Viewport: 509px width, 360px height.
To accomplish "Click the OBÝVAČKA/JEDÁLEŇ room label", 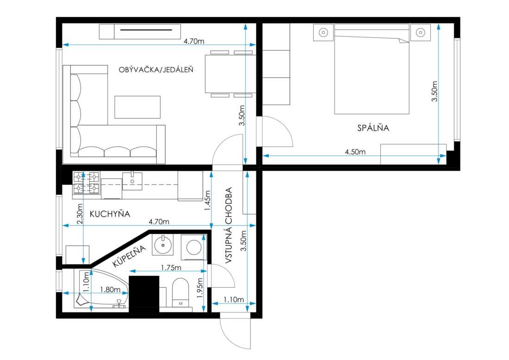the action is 156,69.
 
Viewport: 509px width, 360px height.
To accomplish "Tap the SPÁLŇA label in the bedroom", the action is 373,128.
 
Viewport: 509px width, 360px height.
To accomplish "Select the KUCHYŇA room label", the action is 110,214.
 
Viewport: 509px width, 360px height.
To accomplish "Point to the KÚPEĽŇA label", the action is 130,256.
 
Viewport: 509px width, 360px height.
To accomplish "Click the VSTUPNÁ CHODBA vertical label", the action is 229,225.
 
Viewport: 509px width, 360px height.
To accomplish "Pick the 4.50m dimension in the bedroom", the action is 355,152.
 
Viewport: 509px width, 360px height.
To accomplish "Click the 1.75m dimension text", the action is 171,267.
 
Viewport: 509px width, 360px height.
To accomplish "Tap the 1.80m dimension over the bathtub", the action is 110,289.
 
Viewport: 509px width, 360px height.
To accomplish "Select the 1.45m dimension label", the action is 207,200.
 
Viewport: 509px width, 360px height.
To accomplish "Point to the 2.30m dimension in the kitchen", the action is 80,214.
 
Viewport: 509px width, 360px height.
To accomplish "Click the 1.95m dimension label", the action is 199,288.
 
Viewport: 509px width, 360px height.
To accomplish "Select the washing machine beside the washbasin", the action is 194,247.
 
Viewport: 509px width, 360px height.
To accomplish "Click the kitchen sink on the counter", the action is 132,181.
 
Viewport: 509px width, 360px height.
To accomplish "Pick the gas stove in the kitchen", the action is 86,183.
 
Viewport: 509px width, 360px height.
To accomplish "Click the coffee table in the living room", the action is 137,107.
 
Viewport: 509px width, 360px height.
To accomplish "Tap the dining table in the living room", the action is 230,74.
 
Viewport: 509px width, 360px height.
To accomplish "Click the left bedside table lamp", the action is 323,32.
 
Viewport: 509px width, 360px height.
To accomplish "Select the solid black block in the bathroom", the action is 144,294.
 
